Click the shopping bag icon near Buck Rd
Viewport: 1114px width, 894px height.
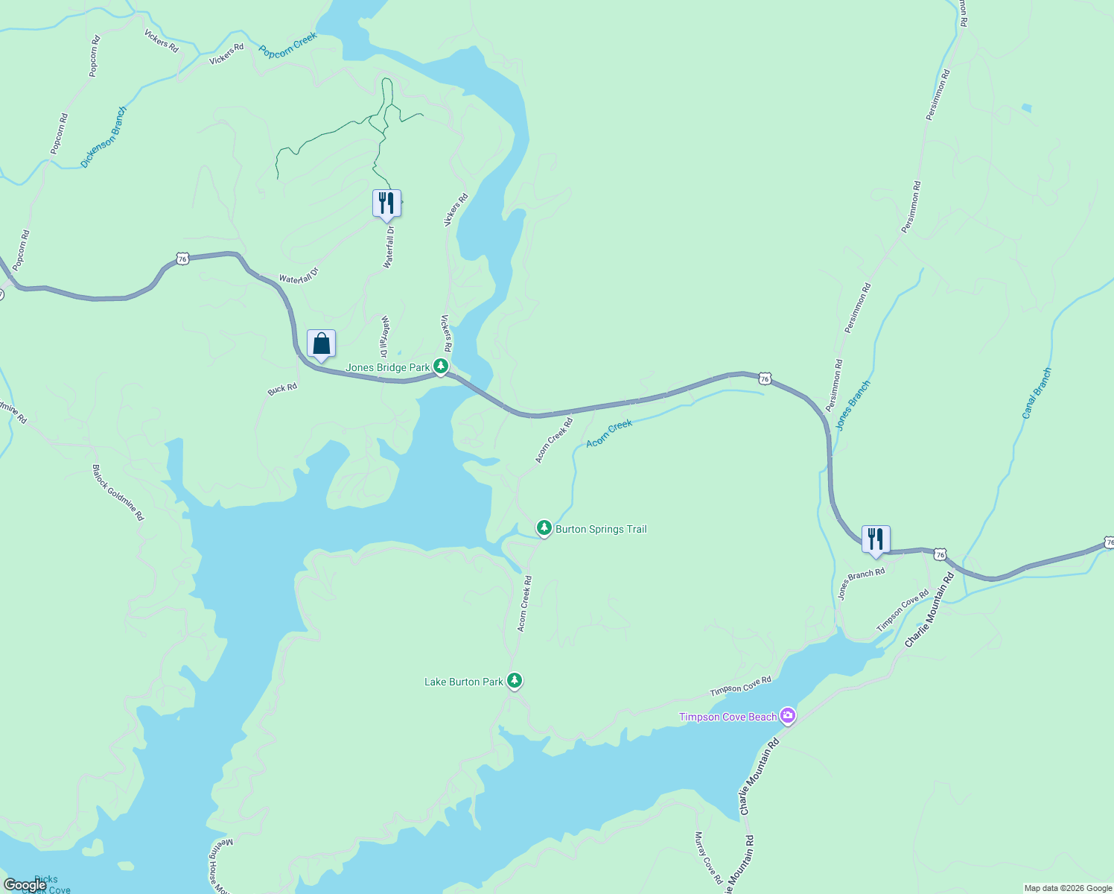(x=321, y=344)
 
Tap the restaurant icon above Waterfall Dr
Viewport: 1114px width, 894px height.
(x=386, y=203)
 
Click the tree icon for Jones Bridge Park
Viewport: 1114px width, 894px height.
(x=441, y=367)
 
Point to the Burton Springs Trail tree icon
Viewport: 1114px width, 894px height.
(x=544, y=528)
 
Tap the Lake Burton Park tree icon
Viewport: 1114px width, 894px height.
(x=514, y=681)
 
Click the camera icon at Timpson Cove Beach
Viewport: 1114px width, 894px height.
(x=788, y=717)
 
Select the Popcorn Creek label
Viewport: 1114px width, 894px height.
(x=288, y=45)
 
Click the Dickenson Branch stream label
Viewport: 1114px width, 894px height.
(x=104, y=137)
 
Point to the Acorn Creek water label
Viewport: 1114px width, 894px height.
(x=609, y=434)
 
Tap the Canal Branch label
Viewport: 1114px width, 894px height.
(x=1037, y=393)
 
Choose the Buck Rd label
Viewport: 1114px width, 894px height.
(x=282, y=389)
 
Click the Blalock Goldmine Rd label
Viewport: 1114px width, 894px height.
(x=118, y=492)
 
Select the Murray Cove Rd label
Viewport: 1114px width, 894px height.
(x=708, y=857)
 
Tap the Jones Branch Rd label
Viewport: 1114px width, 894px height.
(x=861, y=583)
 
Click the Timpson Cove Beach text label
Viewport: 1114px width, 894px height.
(x=728, y=717)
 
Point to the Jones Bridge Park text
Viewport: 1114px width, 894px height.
(x=387, y=367)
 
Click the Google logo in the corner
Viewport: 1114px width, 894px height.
(x=25, y=885)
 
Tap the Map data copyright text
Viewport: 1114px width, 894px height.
(x=1068, y=888)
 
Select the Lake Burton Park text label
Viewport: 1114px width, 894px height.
(x=463, y=682)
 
